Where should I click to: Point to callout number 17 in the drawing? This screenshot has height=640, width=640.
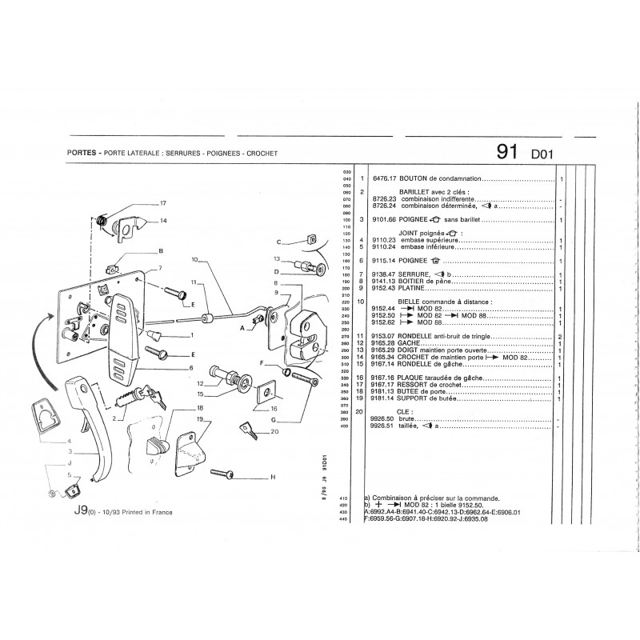coord(162,202)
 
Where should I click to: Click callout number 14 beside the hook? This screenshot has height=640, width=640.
coord(163,220)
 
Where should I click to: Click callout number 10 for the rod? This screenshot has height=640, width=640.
coord(194,259)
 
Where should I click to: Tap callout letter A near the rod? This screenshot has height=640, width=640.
coord(241,328)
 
